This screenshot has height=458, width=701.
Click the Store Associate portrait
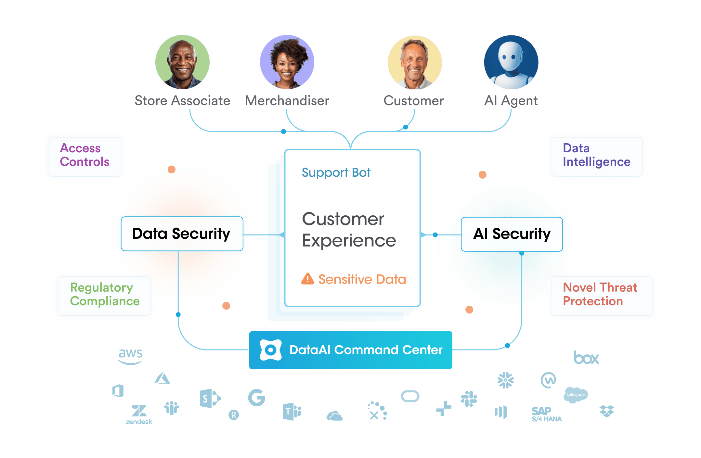click(182, 62)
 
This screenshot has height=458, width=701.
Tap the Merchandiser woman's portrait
click(287, 62)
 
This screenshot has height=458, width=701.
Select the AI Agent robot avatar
click(511, 62)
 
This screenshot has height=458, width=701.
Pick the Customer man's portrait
click(415, 62)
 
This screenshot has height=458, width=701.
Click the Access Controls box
click(85, 156)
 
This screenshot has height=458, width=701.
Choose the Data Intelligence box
click(596, 156)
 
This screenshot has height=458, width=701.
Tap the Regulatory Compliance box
click(104, 296)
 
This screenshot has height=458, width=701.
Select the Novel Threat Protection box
click(601, 296)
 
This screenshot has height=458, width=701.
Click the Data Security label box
click(182, 234)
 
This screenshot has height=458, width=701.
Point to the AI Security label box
click(512, 234)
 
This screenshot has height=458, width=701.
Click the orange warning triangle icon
click(307, 279)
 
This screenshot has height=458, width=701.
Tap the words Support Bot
click(336, 172)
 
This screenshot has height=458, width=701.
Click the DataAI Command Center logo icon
click(270, 350)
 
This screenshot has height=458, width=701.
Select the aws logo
click(130, 356)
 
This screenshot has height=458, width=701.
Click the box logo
click(586, 358)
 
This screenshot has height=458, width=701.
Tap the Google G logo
click(257, 398)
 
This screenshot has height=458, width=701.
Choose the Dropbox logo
click(607, 411)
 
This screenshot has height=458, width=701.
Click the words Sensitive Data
click(362, 279)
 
